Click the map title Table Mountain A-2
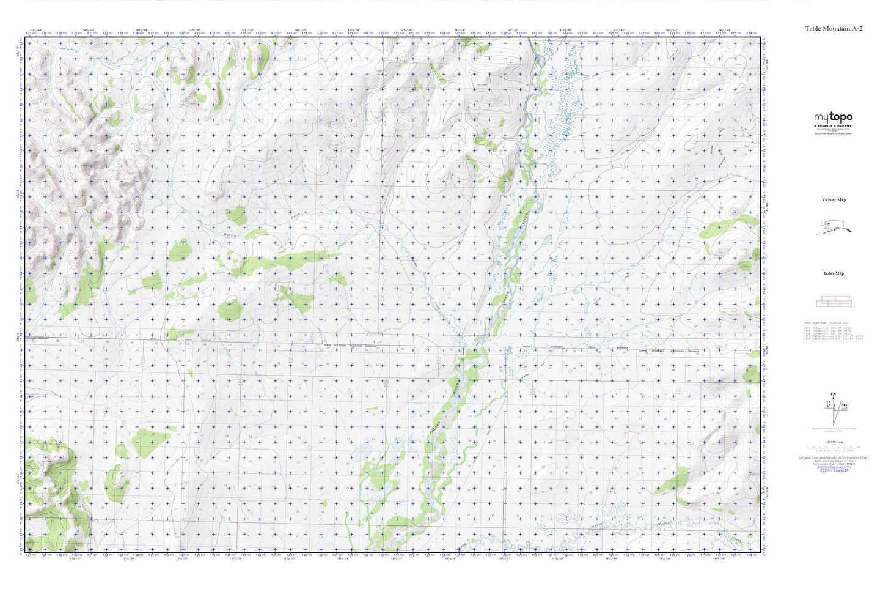pos(834,29)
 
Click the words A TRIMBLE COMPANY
pos(832,126)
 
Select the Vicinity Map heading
pos(834,200)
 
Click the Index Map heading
pos(834,273)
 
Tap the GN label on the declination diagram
pos(832,394)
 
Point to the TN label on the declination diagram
pos(828,402)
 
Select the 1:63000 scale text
pos(834,442)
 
